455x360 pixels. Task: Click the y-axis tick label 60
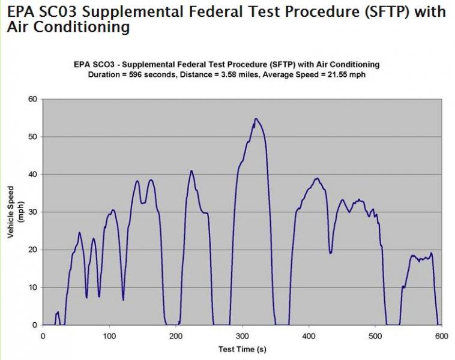point(33,99)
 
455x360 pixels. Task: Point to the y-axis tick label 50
point(33,137)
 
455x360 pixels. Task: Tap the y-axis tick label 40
point(33,175)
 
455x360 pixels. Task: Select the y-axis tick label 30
point(33,212)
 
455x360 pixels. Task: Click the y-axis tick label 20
point(33,250)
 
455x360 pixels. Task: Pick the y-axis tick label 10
point(33,287)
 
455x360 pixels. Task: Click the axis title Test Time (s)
point(242,349)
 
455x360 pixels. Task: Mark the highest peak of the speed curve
point(256,119)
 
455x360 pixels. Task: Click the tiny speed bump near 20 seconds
point(58,313)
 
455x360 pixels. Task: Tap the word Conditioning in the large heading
point(80,27)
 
